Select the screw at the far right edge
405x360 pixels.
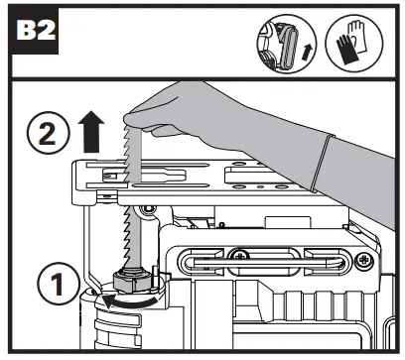point(367,259)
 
